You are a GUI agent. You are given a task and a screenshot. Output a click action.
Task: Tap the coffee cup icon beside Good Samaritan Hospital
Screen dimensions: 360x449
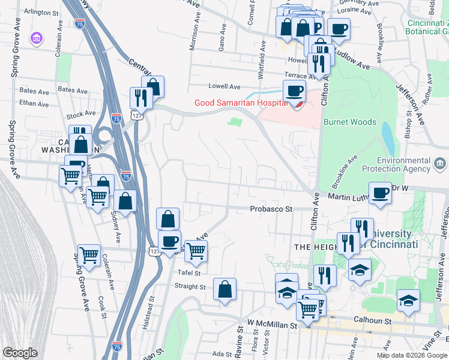point(294,91)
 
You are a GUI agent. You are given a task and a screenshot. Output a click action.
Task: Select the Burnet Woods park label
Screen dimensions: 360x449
point(349,122)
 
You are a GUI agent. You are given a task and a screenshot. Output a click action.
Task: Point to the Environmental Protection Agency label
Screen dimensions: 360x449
point(403,164)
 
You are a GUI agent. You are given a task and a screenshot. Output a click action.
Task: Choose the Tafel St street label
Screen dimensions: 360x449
point(188,272)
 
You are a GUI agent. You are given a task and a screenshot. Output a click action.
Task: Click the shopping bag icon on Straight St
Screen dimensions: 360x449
point(224,289)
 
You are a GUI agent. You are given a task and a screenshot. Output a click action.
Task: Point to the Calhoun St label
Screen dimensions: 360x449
point(373,320)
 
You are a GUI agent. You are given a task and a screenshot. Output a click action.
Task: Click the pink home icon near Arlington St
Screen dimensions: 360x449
point(37,38)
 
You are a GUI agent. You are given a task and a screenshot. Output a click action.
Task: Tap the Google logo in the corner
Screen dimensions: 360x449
point(20,353)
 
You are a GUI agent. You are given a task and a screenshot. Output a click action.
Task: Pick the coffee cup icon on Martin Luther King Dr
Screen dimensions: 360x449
point(380,193)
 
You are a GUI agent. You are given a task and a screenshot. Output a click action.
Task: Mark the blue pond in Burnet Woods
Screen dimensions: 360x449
point(388,139)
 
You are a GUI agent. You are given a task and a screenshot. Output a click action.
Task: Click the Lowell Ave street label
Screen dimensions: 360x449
point(224,86)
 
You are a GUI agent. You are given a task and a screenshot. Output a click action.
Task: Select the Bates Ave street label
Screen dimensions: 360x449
point(34,91)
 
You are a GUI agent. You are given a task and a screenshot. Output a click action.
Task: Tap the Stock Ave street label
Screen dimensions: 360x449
point(81,113)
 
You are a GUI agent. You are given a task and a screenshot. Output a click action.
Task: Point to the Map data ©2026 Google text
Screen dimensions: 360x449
point(411,355)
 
